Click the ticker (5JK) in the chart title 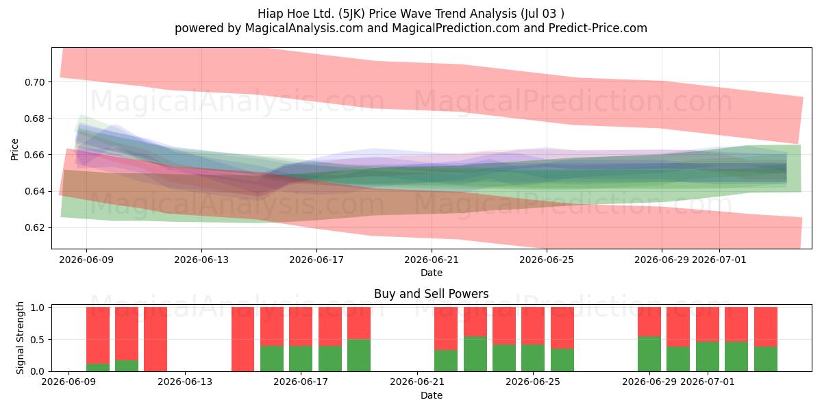[x=351, y=14]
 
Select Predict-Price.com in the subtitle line [x=598, y=28]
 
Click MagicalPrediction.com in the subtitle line [x=456, y=28]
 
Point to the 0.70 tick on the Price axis [x=35, y=82]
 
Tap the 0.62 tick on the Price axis [x=35, y=228]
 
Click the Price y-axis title [x=14, y=149]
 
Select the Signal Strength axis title [x=20, y=338]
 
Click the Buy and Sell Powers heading [x=431, y=294]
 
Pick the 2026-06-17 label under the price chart [x=316, y=260]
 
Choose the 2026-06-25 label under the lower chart [x=533, y=382]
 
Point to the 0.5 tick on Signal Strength [x=38, y=340]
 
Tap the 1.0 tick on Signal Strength [x=38, y=308]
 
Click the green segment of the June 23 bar [x=475, y=353]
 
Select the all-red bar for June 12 [x=155, y=339]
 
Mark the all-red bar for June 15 [x=242, y=339]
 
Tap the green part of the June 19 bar [x=359, y=356]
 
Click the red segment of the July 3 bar [x=766, y=327]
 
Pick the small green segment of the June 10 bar [x=98, y=367]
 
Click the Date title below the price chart [x=432, y=273]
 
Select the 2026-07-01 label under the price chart [x=719, y=260]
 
